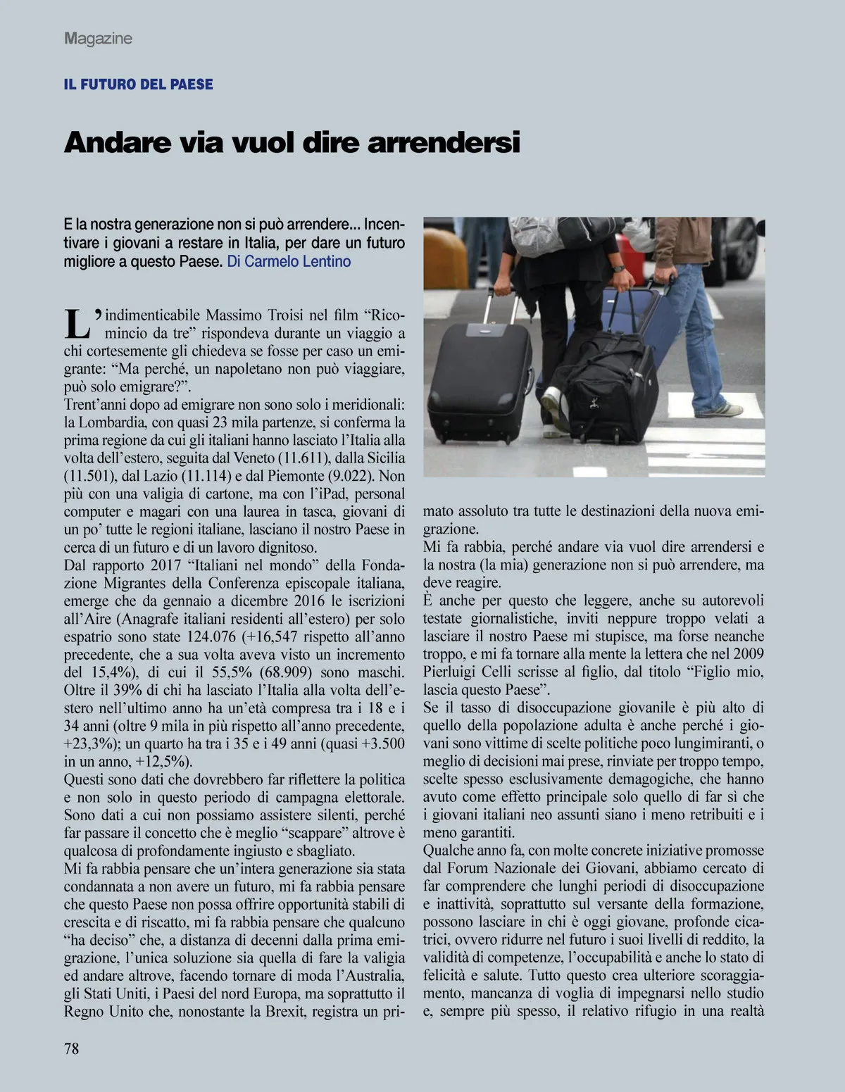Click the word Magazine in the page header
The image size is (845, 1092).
coord(98,39)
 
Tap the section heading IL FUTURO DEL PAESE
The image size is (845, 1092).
coord(138,84)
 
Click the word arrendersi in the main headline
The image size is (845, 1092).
coord(444,142)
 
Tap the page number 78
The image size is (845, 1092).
coord(72,1049)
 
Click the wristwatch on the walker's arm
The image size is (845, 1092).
coord(618,268)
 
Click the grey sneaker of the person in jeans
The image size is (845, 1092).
coord(719,409)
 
